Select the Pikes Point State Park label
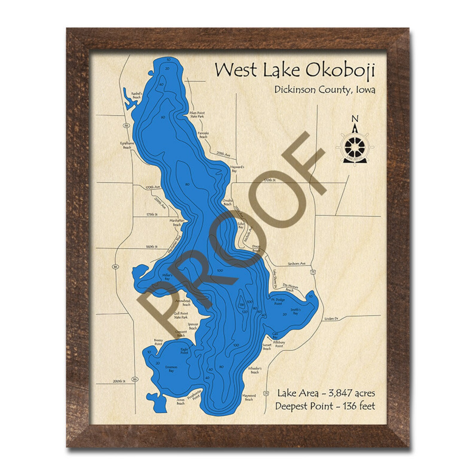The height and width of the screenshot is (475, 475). point(197,115)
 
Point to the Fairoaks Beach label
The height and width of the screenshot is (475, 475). point(203,135)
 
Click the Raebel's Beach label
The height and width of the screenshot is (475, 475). point(136,95)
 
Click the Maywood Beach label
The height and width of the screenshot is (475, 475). point(249,398)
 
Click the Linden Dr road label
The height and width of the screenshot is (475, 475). point(330,319)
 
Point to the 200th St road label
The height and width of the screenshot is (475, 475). point(118,381)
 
